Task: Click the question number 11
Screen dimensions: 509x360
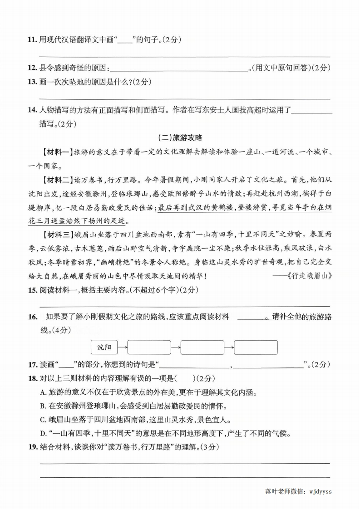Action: [31, 40]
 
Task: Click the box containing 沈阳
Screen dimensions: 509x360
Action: [104, 347]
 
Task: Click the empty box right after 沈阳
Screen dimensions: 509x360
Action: [149, 347]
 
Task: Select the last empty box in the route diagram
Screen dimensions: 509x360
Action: [256, 347]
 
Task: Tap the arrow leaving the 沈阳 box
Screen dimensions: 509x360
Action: [123, 347]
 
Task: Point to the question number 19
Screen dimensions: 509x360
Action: [31, 447]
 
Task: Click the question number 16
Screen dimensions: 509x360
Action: [31, 317]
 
